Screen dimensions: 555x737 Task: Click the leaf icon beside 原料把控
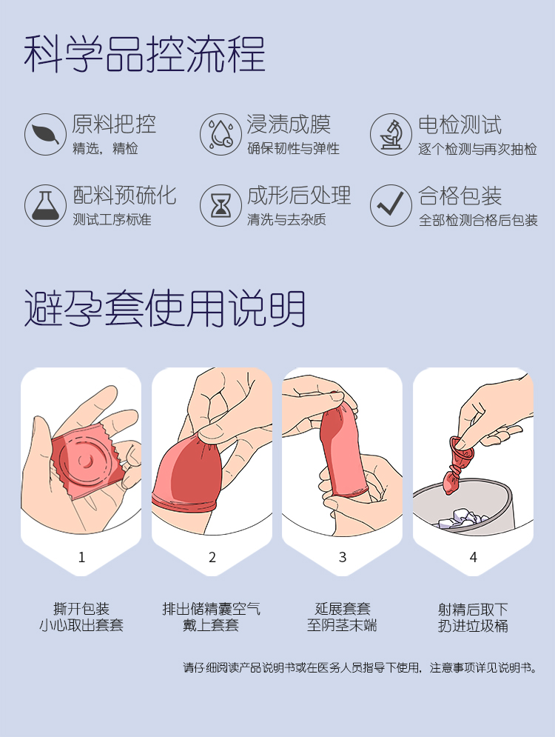point(46,134)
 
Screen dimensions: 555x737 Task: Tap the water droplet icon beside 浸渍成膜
point(221,134)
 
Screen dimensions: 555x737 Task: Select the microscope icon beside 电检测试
point(391,134)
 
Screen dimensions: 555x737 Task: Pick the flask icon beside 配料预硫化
point(46,205)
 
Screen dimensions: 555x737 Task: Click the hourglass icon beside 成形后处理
point(221,205)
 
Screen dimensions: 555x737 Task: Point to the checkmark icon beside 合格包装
point(391,205)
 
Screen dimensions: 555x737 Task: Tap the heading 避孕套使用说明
point(165,308)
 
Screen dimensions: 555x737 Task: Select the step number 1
point(81,558)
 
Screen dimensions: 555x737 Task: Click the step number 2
point(212,558)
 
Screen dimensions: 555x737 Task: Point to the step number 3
point(343,558)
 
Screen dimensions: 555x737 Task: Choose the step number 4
point(474,558)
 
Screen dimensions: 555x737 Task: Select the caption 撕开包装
point(81,609)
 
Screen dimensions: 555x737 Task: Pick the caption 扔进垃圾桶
point(474,626)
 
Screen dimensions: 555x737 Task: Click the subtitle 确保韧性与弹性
point(294,149)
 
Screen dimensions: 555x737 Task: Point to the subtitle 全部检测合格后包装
point(478,220)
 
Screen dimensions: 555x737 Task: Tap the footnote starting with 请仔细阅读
point(360,667)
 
